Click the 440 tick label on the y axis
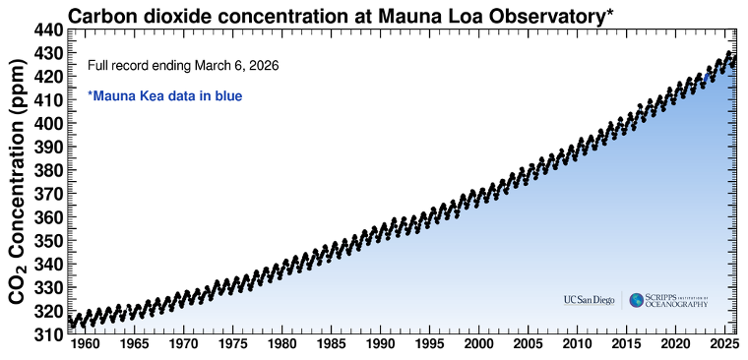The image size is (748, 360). click(48, 30)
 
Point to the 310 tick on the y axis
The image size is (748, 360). click(48, 334)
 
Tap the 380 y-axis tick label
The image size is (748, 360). click(48, 170)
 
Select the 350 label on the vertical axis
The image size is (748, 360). click(48, 241)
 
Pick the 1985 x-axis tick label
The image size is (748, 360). click(330, 345)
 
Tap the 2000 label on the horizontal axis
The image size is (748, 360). click(479, 345)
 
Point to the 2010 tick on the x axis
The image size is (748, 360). click(578, 345)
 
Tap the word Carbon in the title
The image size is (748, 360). click(103, 14)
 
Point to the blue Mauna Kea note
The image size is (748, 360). click(165, 96)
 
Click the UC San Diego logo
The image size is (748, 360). click(589, 300)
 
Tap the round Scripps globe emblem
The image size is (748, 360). click(637, 300)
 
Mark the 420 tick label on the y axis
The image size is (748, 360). click(48, 77)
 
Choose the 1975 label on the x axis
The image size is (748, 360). click(231, 345)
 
